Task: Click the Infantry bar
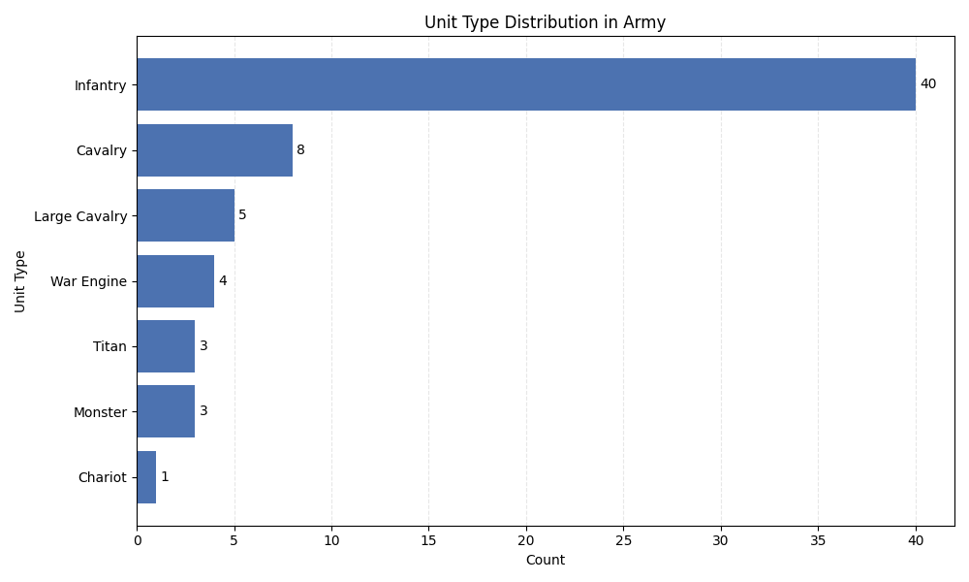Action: pyautogui.click(x=526, y=84)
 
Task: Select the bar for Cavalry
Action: pyautogui.click(x=214, y=150)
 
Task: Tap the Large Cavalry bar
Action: pyautogui.click(x=185, y=215)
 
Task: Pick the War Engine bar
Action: pyautogui.click(x=175, y=281)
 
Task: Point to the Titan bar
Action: pyautogui.click(x=166, y=346)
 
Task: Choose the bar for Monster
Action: pyautogui.click(x=166, y=411)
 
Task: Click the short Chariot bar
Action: pyautogui.click(x=146, y=477)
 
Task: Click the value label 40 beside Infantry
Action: pyautogui.click(x=928, y=84)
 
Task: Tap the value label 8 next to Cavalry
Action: pyautogui.click(x=300, y=150)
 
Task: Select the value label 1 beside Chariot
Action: pyautogui.click(x=165, y=477)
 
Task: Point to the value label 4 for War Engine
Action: pyautogui.click(x=223, y=281)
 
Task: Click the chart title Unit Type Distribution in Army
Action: pyautogui.click(x=545, y=22)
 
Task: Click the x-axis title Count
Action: pyautogui.click(x=545, y=561)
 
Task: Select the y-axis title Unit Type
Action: pyautogui.click(x=20, y=281)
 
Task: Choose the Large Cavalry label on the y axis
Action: pyautogui.click(x=80, y=216)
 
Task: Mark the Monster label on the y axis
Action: pyautogui.click(x=100, y=412)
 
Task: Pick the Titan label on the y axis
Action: pyautogui.click(x=109, y=347)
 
